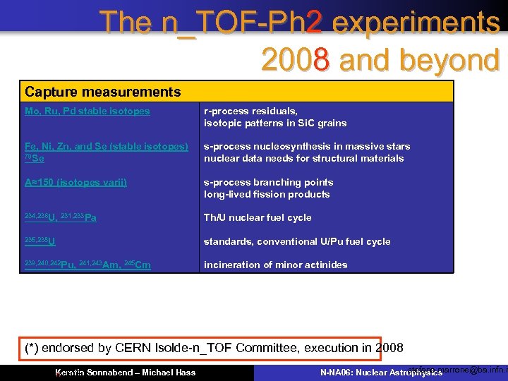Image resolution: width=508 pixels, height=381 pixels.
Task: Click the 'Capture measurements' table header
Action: (103, 92)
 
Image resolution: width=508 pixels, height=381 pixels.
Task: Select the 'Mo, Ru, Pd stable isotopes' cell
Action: (87, 111)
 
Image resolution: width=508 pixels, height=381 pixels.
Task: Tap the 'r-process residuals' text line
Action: (250, 111)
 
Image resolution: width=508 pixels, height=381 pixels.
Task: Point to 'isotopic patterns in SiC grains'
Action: (275, 123)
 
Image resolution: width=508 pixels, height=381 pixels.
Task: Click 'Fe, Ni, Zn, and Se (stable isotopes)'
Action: (107, 147)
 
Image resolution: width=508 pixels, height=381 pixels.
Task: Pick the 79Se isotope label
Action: (35, 158)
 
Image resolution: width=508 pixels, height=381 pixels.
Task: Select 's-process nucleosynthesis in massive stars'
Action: (307, 147)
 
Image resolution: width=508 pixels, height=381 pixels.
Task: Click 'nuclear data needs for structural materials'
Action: (304, 158)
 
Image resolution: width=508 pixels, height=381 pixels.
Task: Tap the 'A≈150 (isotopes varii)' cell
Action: (76, 183)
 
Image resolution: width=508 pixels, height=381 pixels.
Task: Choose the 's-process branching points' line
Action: (269, 183)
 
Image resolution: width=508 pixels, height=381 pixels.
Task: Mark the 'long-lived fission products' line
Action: (267, 194)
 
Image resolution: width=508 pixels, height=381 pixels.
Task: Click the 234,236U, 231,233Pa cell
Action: (61, 217)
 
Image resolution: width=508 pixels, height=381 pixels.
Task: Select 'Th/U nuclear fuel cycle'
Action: (258, 217)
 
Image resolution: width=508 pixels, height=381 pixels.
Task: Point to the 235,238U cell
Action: (40, 241)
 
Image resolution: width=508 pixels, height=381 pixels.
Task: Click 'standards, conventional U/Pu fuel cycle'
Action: (297, 241)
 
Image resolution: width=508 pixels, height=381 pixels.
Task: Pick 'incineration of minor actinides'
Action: (276, 265)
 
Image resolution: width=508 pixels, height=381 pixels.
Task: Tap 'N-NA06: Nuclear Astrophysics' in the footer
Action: (381, 372)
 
